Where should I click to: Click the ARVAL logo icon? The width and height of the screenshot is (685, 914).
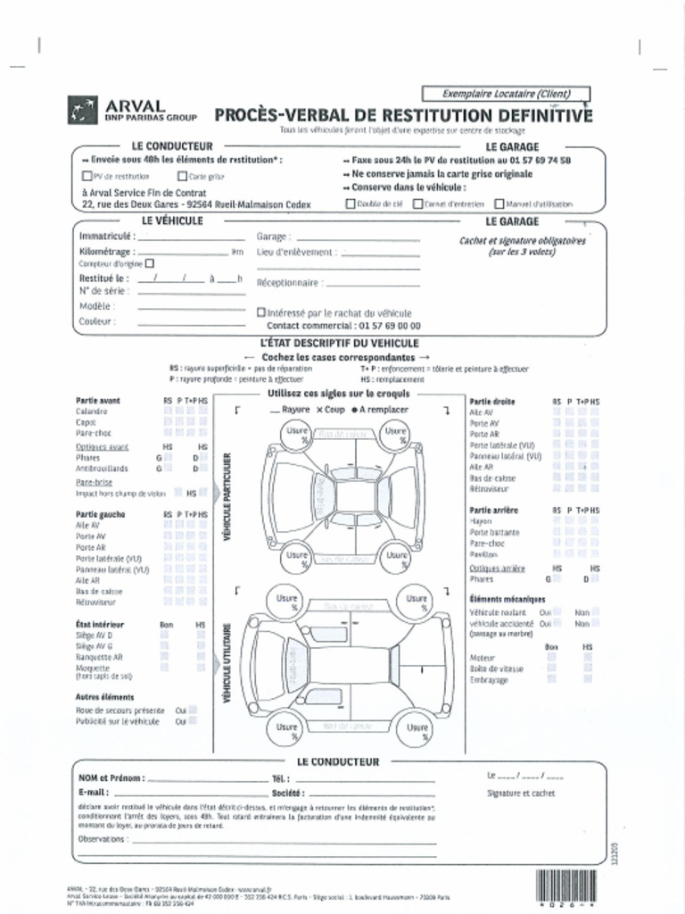84,110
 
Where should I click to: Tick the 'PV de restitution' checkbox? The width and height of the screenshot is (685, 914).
87,177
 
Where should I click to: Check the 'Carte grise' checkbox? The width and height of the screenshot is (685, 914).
183,177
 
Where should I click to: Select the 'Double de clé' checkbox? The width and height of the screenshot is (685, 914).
351,204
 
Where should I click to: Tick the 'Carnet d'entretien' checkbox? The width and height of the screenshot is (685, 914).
417,204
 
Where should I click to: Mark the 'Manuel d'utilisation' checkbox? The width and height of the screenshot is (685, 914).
499,204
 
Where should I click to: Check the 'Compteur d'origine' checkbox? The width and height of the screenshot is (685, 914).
149,263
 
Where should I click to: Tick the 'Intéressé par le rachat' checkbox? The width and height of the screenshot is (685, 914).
260,312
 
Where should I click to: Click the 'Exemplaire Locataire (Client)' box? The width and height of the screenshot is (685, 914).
506,93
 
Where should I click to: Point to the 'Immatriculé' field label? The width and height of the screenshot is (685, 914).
108,237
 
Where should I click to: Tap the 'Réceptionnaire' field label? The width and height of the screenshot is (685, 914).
288,283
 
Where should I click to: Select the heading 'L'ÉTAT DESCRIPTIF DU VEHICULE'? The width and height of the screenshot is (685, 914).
339,343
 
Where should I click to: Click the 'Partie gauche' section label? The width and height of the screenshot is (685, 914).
100,514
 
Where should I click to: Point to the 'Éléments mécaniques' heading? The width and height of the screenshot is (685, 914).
507,600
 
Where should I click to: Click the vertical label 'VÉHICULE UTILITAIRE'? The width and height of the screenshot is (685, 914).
227,661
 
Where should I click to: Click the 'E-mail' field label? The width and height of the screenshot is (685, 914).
95,792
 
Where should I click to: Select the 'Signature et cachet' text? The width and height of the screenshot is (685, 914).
521,793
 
